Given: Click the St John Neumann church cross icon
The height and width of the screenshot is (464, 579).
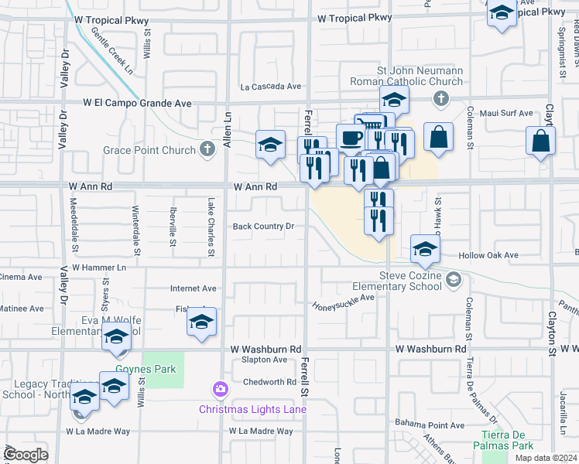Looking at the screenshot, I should coord(440,98).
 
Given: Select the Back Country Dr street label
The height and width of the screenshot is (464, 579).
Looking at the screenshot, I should coord(264,227).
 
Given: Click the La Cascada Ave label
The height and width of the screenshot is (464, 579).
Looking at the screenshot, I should coord(270,87).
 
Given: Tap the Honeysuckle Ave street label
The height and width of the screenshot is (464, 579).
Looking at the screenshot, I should coord(343,298).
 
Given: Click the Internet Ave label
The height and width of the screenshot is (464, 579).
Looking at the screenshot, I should coord(194,288).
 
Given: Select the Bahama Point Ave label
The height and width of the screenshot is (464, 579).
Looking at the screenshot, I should coord(430,425).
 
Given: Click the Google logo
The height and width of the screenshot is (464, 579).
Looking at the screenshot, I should coord(26,455).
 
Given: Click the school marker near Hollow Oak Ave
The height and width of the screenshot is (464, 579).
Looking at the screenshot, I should coord(424,249).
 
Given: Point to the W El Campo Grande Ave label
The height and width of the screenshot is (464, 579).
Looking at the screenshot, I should coord(138,102).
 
